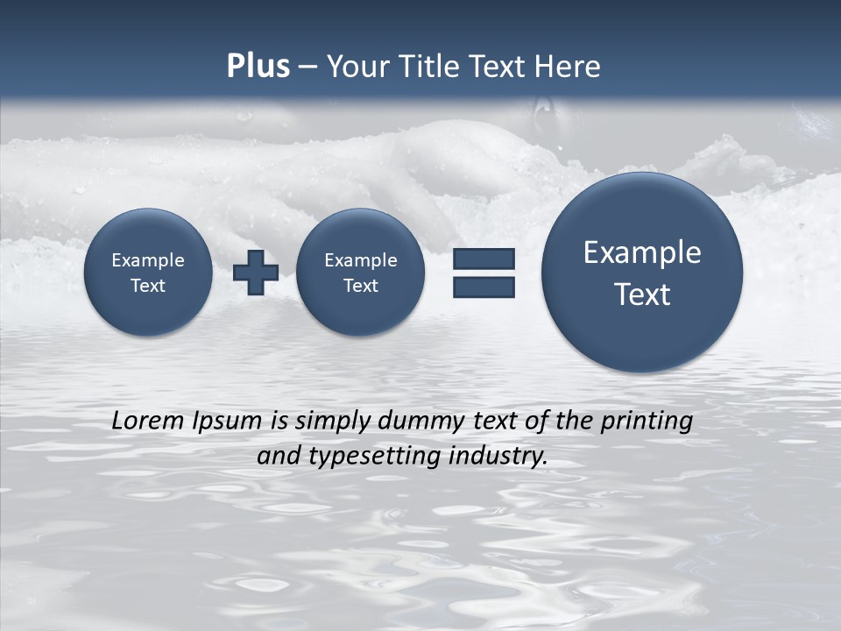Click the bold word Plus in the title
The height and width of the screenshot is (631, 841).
tap(258, 67)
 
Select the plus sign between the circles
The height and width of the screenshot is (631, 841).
tap(256, 273)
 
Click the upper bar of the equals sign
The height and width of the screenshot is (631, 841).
tap(484, 259)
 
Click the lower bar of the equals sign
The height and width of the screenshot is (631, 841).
tap(484, 287)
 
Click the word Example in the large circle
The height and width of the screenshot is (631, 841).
tap(642, 252)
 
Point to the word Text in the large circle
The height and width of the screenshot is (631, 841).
tap(642, 294)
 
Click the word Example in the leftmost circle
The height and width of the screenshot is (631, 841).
tap(148, 260)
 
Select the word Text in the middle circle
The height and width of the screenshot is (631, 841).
tap(360, 286)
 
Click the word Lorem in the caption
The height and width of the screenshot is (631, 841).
tap(149, 421)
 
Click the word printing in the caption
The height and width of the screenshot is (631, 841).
tap(647, 422)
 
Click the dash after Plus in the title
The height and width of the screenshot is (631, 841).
tap(307, 67)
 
